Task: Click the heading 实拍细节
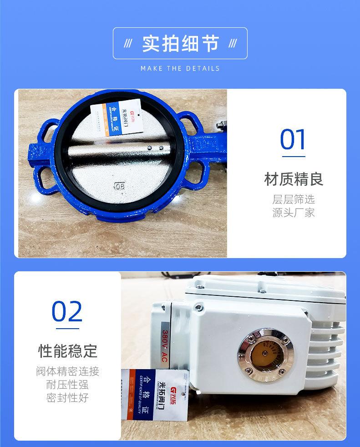tap(180, 43)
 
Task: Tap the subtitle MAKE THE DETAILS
tap(180, 68)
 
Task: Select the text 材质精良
tap(294, 179)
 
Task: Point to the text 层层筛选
tap(294, 199)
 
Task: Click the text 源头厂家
tap(294, 213)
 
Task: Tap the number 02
tap(67, 311)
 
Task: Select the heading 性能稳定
tap(67, 351)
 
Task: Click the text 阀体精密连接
tap(67, 371)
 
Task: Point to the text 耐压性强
tap(67, 385)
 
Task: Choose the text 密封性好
tap(67, 398)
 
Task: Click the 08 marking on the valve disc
tap(120, 186)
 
